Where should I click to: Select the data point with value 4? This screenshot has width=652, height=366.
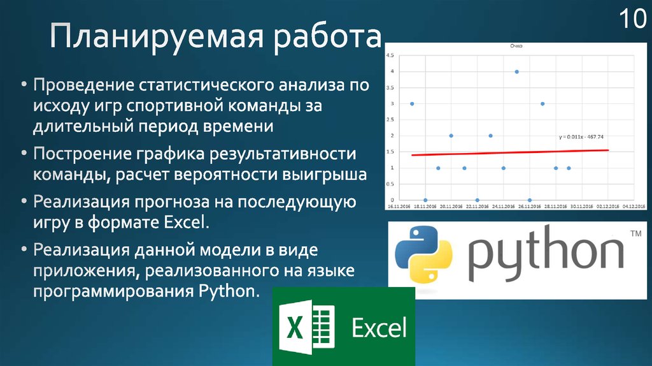pos(516,71)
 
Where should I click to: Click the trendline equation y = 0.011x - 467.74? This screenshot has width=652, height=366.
pos(581,136)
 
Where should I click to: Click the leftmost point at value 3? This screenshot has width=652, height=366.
pos(412,103)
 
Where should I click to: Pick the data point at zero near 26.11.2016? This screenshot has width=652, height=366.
pos(530,200)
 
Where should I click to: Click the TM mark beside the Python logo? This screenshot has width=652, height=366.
pos(635,235)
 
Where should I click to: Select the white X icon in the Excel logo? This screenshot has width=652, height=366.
pos(295,327)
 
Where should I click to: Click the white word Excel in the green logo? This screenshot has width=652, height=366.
pos(379,328)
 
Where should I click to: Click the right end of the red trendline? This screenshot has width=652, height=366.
pos(608,150)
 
